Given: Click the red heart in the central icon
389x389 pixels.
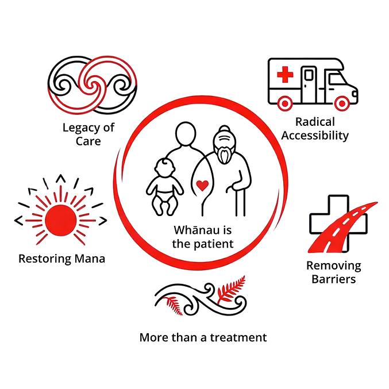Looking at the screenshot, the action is tap(202, 186).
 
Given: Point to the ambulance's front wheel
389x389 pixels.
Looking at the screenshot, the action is tap(342, 103).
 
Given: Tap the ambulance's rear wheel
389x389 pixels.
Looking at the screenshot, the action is tap(284, 103).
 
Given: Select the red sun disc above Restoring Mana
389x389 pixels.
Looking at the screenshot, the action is tap(60, 218).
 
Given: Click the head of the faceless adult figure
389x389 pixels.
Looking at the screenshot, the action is tap(186, 134).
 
